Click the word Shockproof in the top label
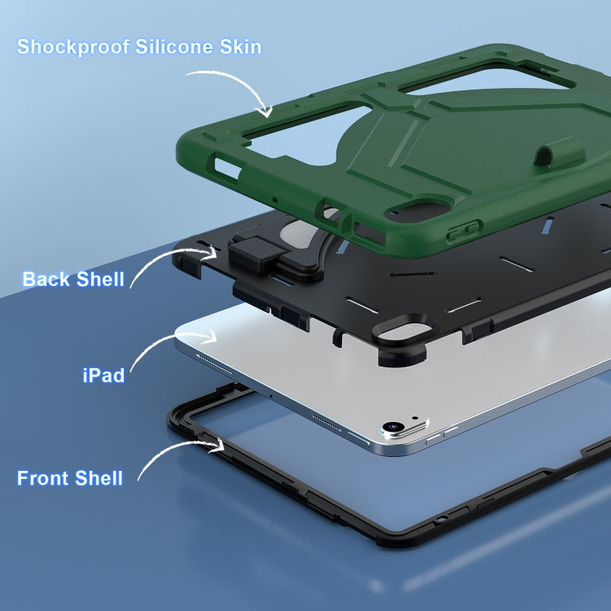coord(73,47)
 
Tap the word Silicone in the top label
coord(174,46)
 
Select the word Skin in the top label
coord(240,46)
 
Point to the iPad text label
coord(103,376)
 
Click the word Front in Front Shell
coord(43,478)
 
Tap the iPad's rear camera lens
coord(393,426)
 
